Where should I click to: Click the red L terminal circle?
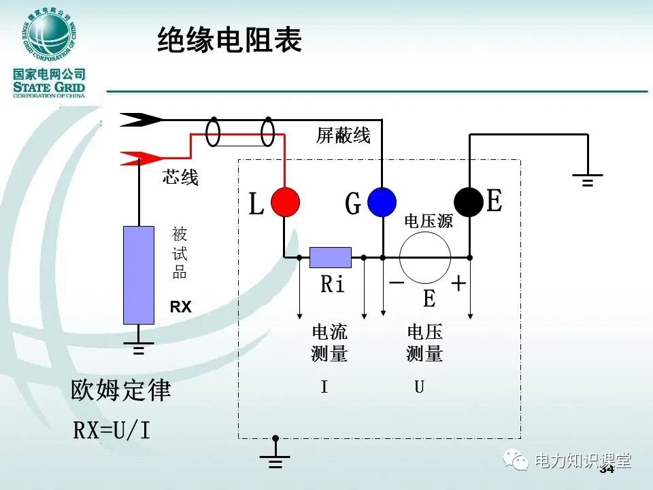285,201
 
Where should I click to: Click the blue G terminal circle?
382,202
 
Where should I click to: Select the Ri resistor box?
331,257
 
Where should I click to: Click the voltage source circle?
425,257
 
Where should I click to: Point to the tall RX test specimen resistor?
138,275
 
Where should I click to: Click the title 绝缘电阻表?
229,41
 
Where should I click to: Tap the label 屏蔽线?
344,135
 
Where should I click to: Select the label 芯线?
180,178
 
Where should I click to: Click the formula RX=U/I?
112,430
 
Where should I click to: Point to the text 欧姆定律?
121,391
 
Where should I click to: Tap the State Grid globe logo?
48,35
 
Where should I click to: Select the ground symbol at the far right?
587,180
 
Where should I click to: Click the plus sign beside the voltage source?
459,283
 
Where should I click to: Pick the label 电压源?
429,221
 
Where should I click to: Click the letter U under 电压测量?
420,387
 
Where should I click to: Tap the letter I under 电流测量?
324,387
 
